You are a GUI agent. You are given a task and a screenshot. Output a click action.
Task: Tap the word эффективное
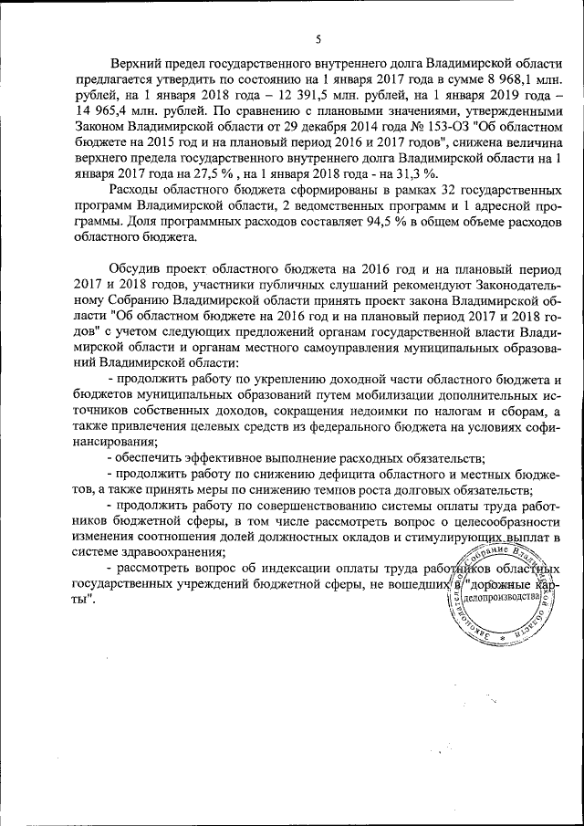(x=231, y=457)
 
